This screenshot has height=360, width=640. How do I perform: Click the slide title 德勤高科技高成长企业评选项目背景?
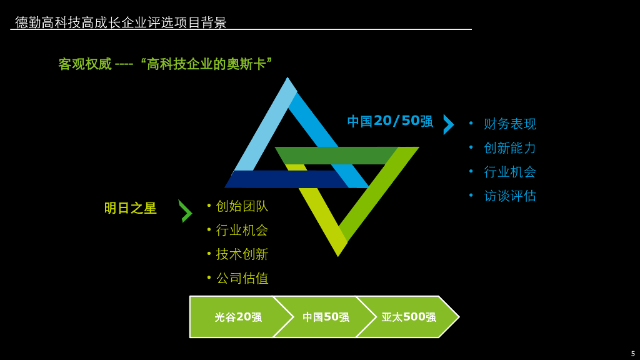tap(121, 22)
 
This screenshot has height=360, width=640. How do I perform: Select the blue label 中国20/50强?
tap(390, 121)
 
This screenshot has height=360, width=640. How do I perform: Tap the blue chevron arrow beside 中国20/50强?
tap(448, 124)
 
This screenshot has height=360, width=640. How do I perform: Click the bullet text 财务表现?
tap(509, 124)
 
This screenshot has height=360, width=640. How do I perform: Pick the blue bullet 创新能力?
tap(509, 148)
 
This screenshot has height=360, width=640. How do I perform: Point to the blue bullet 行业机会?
tap(509, 172)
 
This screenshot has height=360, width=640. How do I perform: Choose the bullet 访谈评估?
tap(509, 196)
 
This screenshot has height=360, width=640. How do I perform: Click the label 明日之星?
tap(130, 208)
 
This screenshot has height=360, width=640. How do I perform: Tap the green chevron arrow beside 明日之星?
tap(185, 211)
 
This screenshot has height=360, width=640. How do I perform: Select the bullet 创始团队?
tap(241, 206)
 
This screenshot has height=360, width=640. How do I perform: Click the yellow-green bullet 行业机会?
tap(241, 230)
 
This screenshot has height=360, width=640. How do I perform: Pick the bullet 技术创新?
tap(241, 254)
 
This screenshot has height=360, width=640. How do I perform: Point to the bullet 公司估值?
tap(241, 278)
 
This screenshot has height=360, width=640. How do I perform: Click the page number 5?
tap(632, 354)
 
